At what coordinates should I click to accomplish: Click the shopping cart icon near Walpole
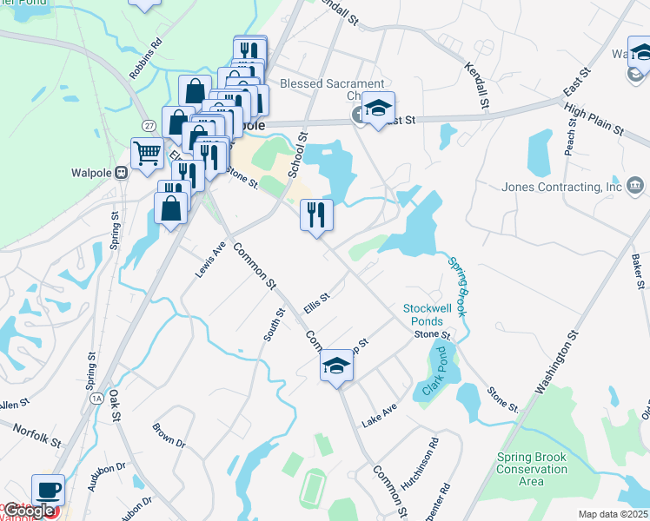point(148,154)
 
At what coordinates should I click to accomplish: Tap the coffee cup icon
point(49,490)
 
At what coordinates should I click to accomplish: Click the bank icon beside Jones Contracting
point(634,185)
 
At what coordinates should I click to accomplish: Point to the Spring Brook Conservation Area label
point(532,469)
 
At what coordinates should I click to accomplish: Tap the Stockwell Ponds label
point(428,314)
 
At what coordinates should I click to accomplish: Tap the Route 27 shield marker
point(149,126)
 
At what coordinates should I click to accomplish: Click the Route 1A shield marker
point(96,398)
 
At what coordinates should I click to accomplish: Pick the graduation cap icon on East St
point(378,109)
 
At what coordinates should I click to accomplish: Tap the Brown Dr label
point(169,435)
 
